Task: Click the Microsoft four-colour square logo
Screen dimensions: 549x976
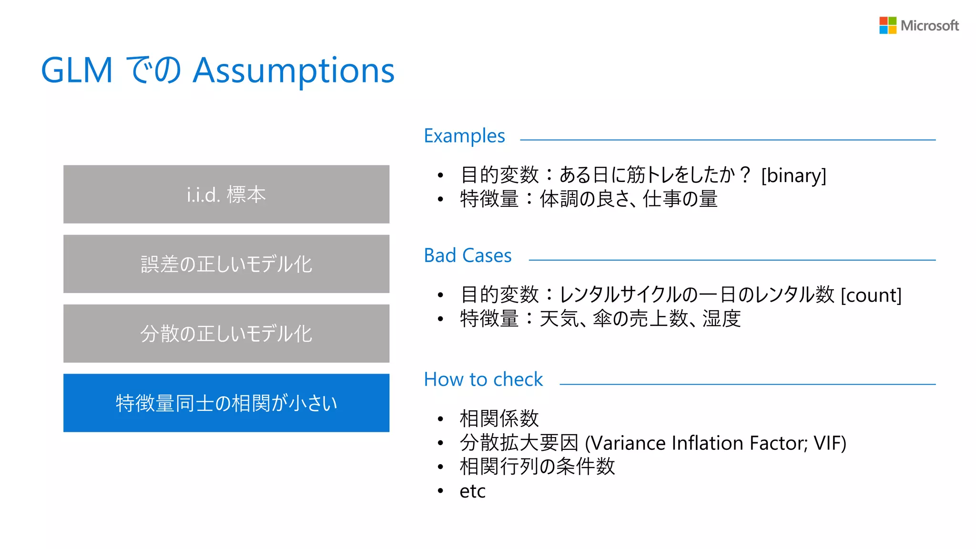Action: [x=887, y=25]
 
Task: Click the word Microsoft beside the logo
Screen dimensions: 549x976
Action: [x=929, y=26]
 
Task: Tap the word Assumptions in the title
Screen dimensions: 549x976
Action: [x=294, y=71]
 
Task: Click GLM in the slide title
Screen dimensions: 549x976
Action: [x=77, y=71]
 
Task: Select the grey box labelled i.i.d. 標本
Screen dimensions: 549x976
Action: [x=226, y=194]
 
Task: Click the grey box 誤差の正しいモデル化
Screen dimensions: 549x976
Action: [x=226, y=264]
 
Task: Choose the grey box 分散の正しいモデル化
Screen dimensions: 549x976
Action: [x=226, y=334]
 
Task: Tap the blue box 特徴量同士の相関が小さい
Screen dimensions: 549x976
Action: [x=226, y=403]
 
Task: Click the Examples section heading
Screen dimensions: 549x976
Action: [x=464, y=136]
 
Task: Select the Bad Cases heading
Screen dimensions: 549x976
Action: [x=468, y=256]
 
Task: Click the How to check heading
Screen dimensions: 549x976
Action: [x=483, y=380]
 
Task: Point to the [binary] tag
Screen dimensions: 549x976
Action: [x=793, y=175]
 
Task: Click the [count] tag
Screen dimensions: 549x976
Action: [x=871, y=295]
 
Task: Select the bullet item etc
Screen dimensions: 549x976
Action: [x=472, y=491]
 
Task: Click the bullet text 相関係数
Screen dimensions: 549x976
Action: [x=499, y=419]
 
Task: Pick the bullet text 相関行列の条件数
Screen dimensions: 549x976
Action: [x=537, y=467]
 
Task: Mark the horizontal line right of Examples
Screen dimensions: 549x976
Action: [x=728, y=140]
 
